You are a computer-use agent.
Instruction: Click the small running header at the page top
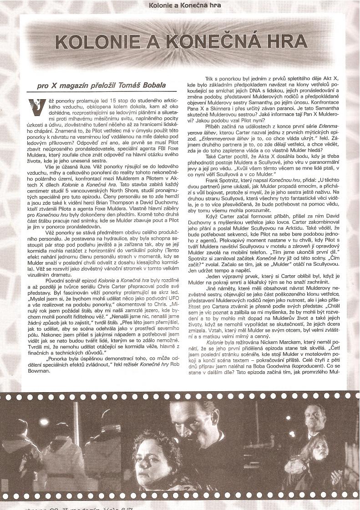[181, 5]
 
